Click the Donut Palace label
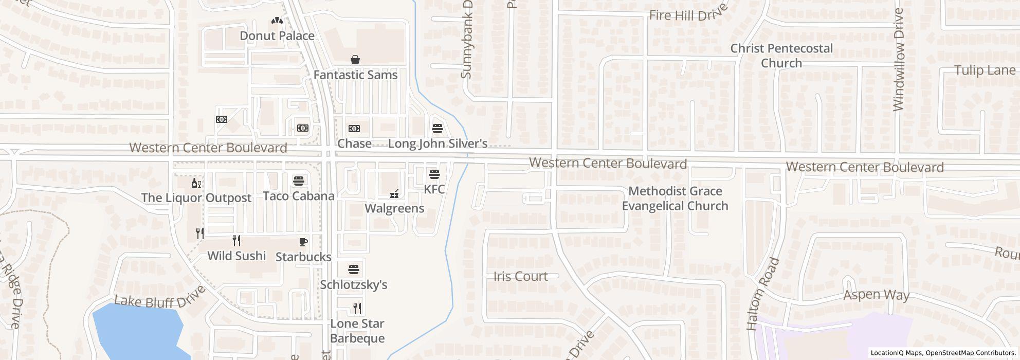[x=277, y=36]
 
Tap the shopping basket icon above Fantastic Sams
[x=355, y=60]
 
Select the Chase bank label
[x=354, y=143]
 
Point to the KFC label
[x=434, y=189]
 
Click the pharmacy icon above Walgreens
[x=395, y=194]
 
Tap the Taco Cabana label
[x=298, y=196]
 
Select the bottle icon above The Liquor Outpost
[x=196, y=183]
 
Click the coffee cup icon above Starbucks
[x=303, y=242]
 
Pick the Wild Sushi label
[x=236, y=256]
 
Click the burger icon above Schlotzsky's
[x=354, y=269]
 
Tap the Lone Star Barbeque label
[x=357, y=331]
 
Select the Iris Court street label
[x=520, y=276]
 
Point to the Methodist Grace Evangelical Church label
[x=675, y=199]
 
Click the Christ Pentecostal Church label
[x=781, y=56]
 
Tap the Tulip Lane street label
[x=985, y=70]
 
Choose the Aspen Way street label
[x=876, y=295]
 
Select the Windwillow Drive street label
[x=899, y=60]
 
